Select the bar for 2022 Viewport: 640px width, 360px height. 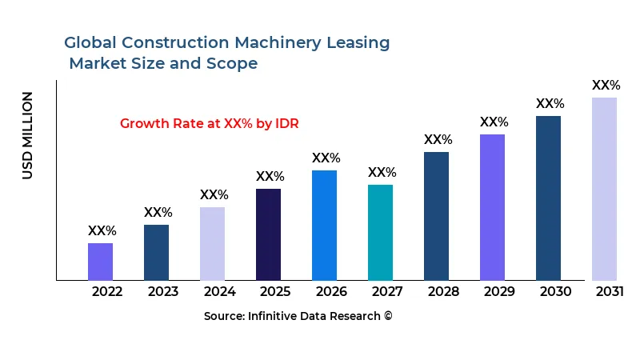[x=100, y=262]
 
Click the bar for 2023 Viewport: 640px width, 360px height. [x=156, y=252]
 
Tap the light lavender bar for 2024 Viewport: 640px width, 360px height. [x=212, y=243]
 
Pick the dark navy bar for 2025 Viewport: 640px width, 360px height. [x=268, y=234]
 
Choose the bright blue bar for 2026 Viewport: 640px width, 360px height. [x=324, y=225]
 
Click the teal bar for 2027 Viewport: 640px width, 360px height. [x=380, y=232]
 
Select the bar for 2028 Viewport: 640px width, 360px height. [x=436, y=216]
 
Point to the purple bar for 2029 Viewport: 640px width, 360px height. [x=492, y=207]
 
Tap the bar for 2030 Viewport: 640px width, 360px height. [x=548, y=198]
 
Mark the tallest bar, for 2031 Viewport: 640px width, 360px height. [x=604, y=189]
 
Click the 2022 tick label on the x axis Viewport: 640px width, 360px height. [x=107, y=291]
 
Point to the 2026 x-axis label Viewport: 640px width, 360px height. [x=331, y=291]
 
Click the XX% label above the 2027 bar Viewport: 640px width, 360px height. [x=382, y=173]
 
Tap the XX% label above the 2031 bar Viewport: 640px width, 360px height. [x=606, y=86]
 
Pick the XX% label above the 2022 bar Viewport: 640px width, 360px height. [x=102, y=231]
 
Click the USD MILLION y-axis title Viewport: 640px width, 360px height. [x=28, y=135]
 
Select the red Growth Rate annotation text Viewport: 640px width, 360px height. [x=209, y=123]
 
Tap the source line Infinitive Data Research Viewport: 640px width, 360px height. [x=298, y=316]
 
